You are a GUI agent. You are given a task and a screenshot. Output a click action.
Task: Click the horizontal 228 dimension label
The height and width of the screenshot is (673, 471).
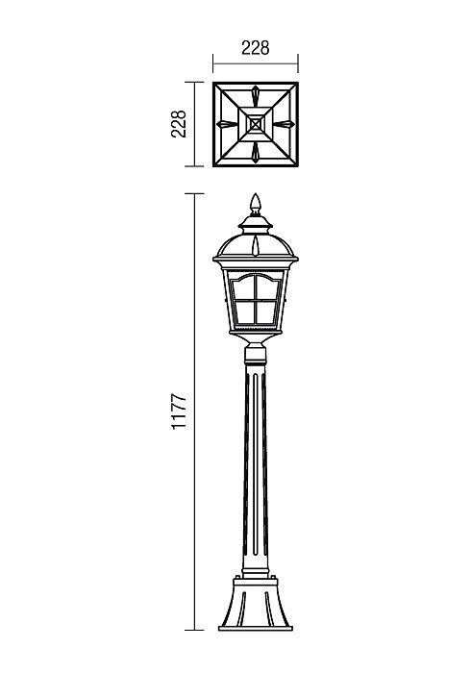click(x=256, y=48)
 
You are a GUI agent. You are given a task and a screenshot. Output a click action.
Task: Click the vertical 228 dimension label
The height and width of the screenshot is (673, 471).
click(x=179, y=124)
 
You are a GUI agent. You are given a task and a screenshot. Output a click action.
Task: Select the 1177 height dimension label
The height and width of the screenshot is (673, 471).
click(x=179, y=411)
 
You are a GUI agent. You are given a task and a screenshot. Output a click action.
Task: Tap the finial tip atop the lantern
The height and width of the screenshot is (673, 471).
click(x=256, y=194)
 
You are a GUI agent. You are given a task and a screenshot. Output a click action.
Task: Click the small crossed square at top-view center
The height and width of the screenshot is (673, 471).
click(x=256, y=124)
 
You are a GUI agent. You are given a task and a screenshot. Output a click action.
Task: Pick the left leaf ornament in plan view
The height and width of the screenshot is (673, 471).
click(x=227, y=124)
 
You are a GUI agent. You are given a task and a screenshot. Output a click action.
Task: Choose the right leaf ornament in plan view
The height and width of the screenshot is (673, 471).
click(x=285, y=124)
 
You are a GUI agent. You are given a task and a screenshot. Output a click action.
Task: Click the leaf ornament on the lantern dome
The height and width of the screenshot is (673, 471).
click(x=256, y=245)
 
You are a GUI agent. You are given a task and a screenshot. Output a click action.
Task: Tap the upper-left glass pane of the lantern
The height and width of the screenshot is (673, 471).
click(x=243, y=288)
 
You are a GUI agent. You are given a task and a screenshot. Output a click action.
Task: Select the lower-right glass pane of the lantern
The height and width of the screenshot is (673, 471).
click(x=266, y=312)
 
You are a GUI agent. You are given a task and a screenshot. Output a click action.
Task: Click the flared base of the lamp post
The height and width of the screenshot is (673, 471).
click(x=256, y=603)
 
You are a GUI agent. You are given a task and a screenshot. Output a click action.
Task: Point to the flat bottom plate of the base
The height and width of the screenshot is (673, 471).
click(x=256, y=629)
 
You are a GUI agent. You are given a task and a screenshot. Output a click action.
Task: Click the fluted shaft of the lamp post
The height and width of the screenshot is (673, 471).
click(x=256, y=468)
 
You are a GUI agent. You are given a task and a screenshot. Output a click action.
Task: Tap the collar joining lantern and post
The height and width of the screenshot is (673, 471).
click(x=256, y=355)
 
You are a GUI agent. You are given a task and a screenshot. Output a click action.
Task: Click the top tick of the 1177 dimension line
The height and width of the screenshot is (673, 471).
click(x=194, y=194)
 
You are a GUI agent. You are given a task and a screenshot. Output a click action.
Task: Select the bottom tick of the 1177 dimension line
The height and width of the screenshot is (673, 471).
click(x=194, y=630)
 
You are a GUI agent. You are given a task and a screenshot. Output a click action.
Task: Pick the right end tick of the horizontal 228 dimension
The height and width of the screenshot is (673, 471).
click(x=298, y=63)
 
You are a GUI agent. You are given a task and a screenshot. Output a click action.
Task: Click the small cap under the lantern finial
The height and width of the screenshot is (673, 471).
click(x=256, y=221)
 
